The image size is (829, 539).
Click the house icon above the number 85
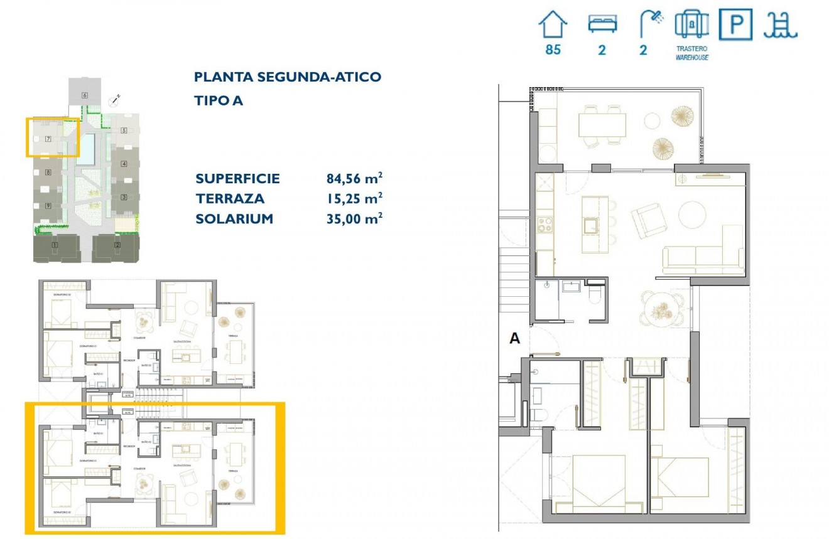(x=553, y=26)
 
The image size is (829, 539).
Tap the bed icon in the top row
(x=602, y=24)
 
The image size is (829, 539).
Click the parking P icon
(x=735, y=26)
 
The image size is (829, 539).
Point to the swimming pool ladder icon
(x=780, y=26)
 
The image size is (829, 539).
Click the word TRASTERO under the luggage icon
(x=692, y=48)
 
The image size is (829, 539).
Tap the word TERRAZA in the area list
(x=230, y=199)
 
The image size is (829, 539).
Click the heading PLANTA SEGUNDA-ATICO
(x=288, y=77)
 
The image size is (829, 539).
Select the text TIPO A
(x=219, y=100)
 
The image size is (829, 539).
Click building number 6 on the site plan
(x=84, y=95)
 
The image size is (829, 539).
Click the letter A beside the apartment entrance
(x=514, y=339)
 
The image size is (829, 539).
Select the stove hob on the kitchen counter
(x=545, y=225)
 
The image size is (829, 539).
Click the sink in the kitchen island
(x=591, y=225)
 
